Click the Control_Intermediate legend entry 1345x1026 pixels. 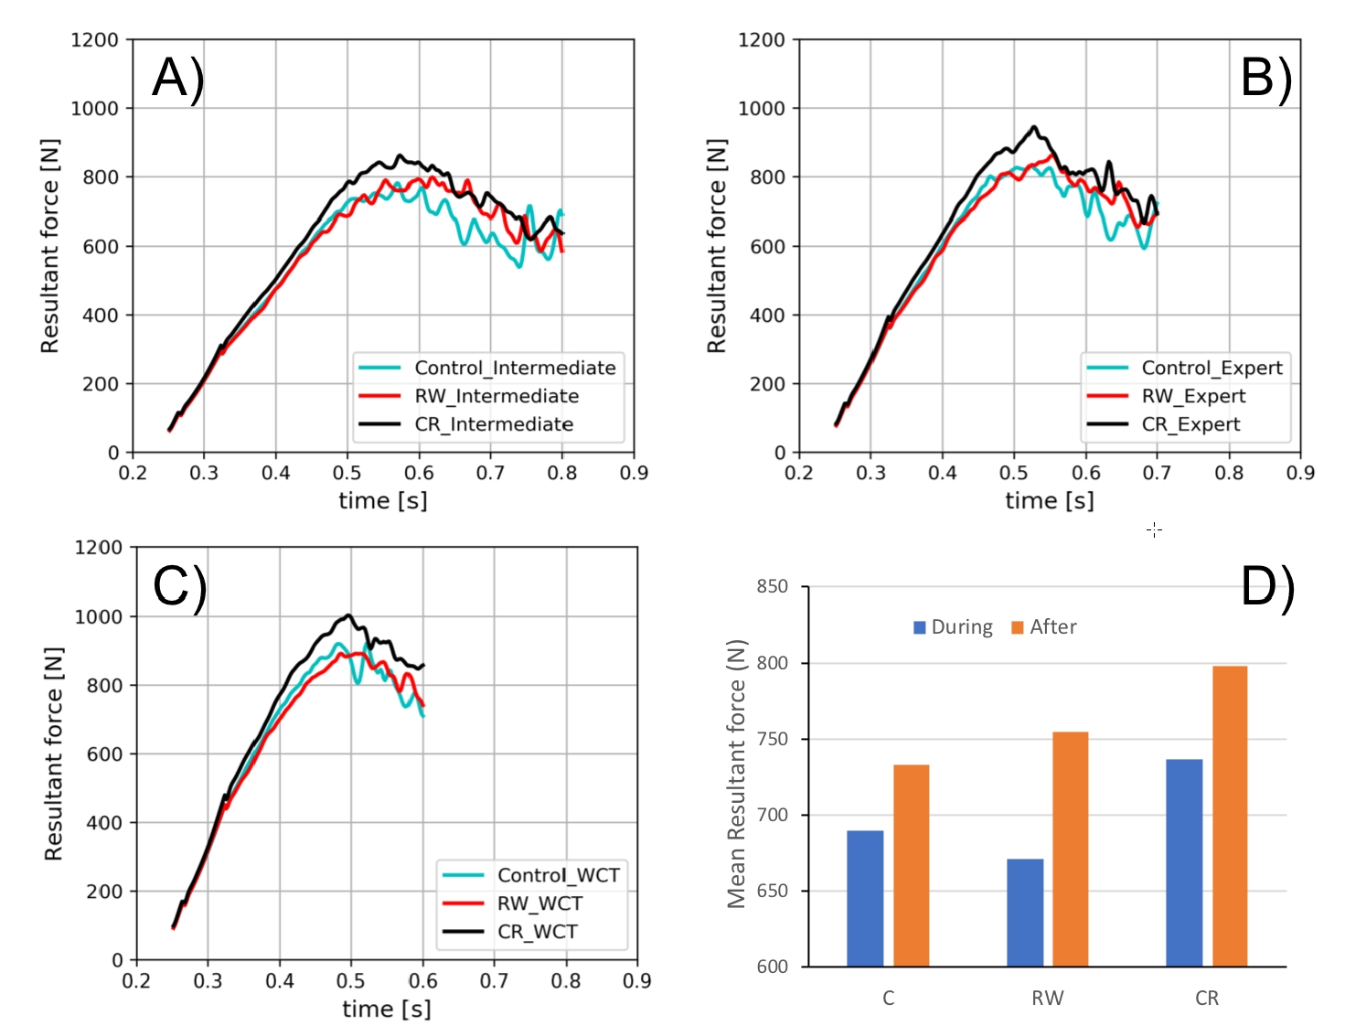click(487, 368)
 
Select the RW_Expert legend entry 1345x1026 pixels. click(1166, 396)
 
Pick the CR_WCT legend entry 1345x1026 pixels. click(510, 931)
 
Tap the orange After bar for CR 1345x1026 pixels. click(1230, 816)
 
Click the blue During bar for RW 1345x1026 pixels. click(1025, 913)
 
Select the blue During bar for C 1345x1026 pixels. click(865, 899)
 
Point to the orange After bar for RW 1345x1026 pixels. click(1071, 849)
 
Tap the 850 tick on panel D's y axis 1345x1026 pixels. click(772, 587)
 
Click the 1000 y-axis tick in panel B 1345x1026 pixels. click(761, 109)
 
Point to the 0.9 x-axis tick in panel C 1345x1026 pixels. click(637, 980)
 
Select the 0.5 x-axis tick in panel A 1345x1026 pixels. click(347, 473)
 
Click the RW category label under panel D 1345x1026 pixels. click(1048, 999)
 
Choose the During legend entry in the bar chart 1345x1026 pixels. click(953, 626)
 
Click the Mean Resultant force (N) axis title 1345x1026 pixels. click(737, 775)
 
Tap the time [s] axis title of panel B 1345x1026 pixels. click(1050, 501)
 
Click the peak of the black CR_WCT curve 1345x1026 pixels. click(348, 615)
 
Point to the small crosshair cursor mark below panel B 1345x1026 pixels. click(1155, 529)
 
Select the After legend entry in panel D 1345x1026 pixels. click(1044, 626)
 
